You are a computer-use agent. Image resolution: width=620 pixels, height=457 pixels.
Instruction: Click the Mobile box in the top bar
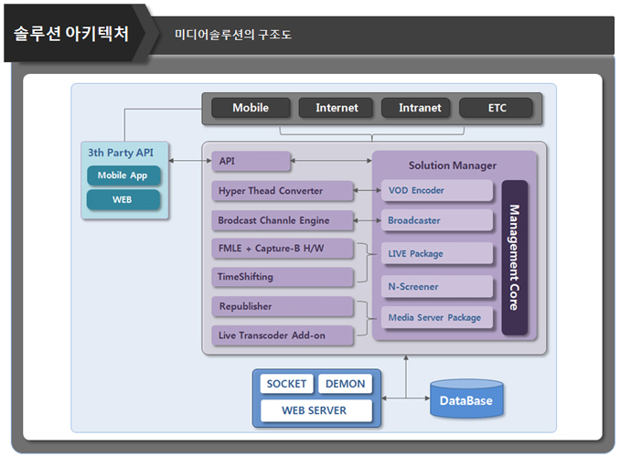coord(251,108)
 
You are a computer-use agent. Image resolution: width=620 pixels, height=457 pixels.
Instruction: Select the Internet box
coord(337,108)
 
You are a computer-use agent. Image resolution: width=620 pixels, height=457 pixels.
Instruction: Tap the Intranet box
coord(420,108)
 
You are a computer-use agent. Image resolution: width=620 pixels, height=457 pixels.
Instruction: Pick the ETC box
coord(497,108)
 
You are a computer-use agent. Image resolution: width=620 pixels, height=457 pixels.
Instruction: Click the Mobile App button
coord(123,175)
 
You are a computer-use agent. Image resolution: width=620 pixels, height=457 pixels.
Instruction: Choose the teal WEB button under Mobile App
coord(123,199)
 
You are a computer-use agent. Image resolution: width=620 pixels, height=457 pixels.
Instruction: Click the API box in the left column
coord(251,162)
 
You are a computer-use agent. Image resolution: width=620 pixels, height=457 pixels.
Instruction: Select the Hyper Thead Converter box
coord(282,191)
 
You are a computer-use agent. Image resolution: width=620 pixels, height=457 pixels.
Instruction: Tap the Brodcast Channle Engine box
coord(282,220)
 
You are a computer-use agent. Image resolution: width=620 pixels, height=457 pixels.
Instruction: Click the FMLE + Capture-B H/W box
coord(282,249)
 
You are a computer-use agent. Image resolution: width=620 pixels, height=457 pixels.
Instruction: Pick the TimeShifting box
coord(282,276)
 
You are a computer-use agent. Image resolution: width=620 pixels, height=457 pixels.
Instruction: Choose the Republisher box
coord(282,306)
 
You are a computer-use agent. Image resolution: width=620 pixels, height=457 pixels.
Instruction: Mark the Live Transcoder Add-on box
coord(282,335)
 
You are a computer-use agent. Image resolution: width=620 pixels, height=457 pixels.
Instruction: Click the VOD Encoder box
coord(437,191)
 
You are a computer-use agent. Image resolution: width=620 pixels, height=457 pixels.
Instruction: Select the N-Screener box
coord(437,286)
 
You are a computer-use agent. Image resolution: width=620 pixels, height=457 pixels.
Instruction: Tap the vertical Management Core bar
coord(514,257)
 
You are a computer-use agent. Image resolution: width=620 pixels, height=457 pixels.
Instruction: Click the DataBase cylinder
coord(466,399)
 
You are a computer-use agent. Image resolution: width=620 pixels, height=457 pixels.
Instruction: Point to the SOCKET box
coord(287,384)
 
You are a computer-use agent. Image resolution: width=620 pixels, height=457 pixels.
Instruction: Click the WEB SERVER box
coord(315,410)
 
